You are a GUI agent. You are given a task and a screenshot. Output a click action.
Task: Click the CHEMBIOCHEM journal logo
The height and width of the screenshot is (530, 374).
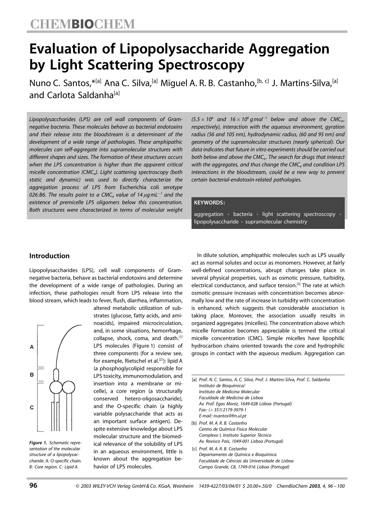pos(82,24)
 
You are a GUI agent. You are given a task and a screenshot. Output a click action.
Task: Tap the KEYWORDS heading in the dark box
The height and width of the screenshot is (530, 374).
pos(209,203)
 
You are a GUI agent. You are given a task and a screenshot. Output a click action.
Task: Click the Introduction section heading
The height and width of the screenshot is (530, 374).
pos(49,256)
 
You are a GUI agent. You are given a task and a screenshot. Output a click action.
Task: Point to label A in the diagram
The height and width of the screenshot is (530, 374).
pos(32,347)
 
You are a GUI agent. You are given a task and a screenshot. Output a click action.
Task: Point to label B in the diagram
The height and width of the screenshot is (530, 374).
pos(32,375)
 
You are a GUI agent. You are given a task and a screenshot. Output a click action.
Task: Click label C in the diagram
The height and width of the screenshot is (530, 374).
pos(32,407)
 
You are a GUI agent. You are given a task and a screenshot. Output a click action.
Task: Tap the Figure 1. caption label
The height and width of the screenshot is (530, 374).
pos(38,443)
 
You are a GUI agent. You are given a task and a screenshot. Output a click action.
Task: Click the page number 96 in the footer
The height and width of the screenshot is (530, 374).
pos(33,486)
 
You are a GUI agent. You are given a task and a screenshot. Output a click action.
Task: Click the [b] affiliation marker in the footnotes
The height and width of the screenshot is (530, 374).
pos(194,423)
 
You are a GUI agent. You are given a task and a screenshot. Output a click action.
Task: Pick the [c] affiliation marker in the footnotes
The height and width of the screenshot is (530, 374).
pos(194,449)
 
